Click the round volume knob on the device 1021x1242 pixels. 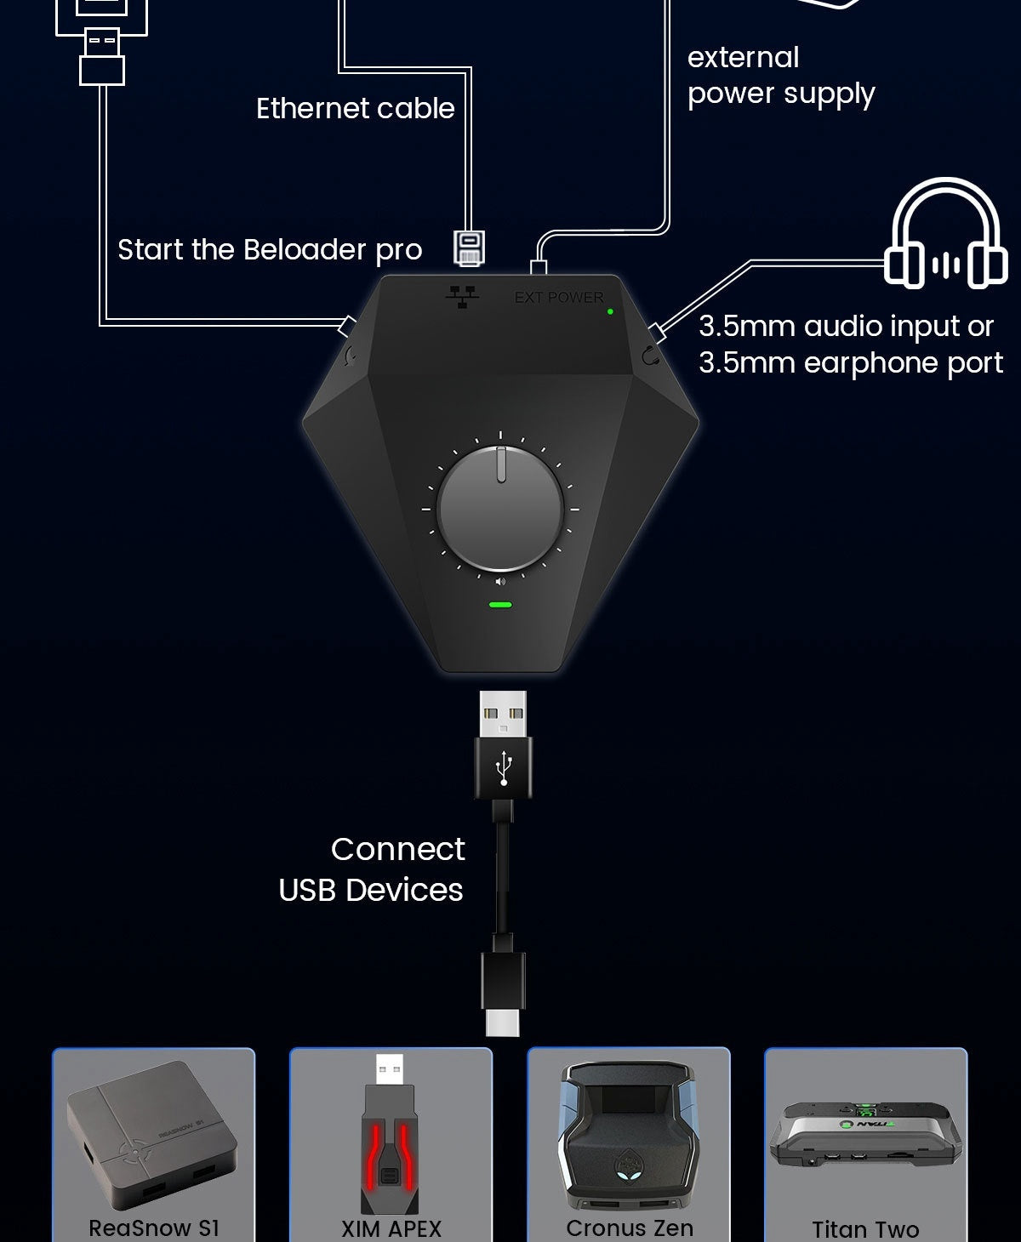click(500, 508)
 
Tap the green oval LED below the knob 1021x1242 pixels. click(500, 606)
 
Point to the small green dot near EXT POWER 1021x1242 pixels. click(610, 312)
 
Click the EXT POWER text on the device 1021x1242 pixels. click(559, 298)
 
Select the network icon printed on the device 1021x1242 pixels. click(462, 296)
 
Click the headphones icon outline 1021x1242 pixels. click(945, 233)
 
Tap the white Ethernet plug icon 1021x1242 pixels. click(469, 248)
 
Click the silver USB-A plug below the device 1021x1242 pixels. click(502, 714)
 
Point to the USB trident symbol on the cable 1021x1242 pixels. click(504, 768)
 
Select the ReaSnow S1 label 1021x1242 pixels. click(154, 1228)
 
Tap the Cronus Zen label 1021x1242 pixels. click(630, 1228)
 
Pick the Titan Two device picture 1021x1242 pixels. click(866, 1136)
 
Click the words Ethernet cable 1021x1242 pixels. click(356, 109)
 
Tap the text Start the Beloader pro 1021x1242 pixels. click(270, 250)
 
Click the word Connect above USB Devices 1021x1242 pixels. click(397, 849)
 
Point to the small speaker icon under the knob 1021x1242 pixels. click(500, 582)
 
